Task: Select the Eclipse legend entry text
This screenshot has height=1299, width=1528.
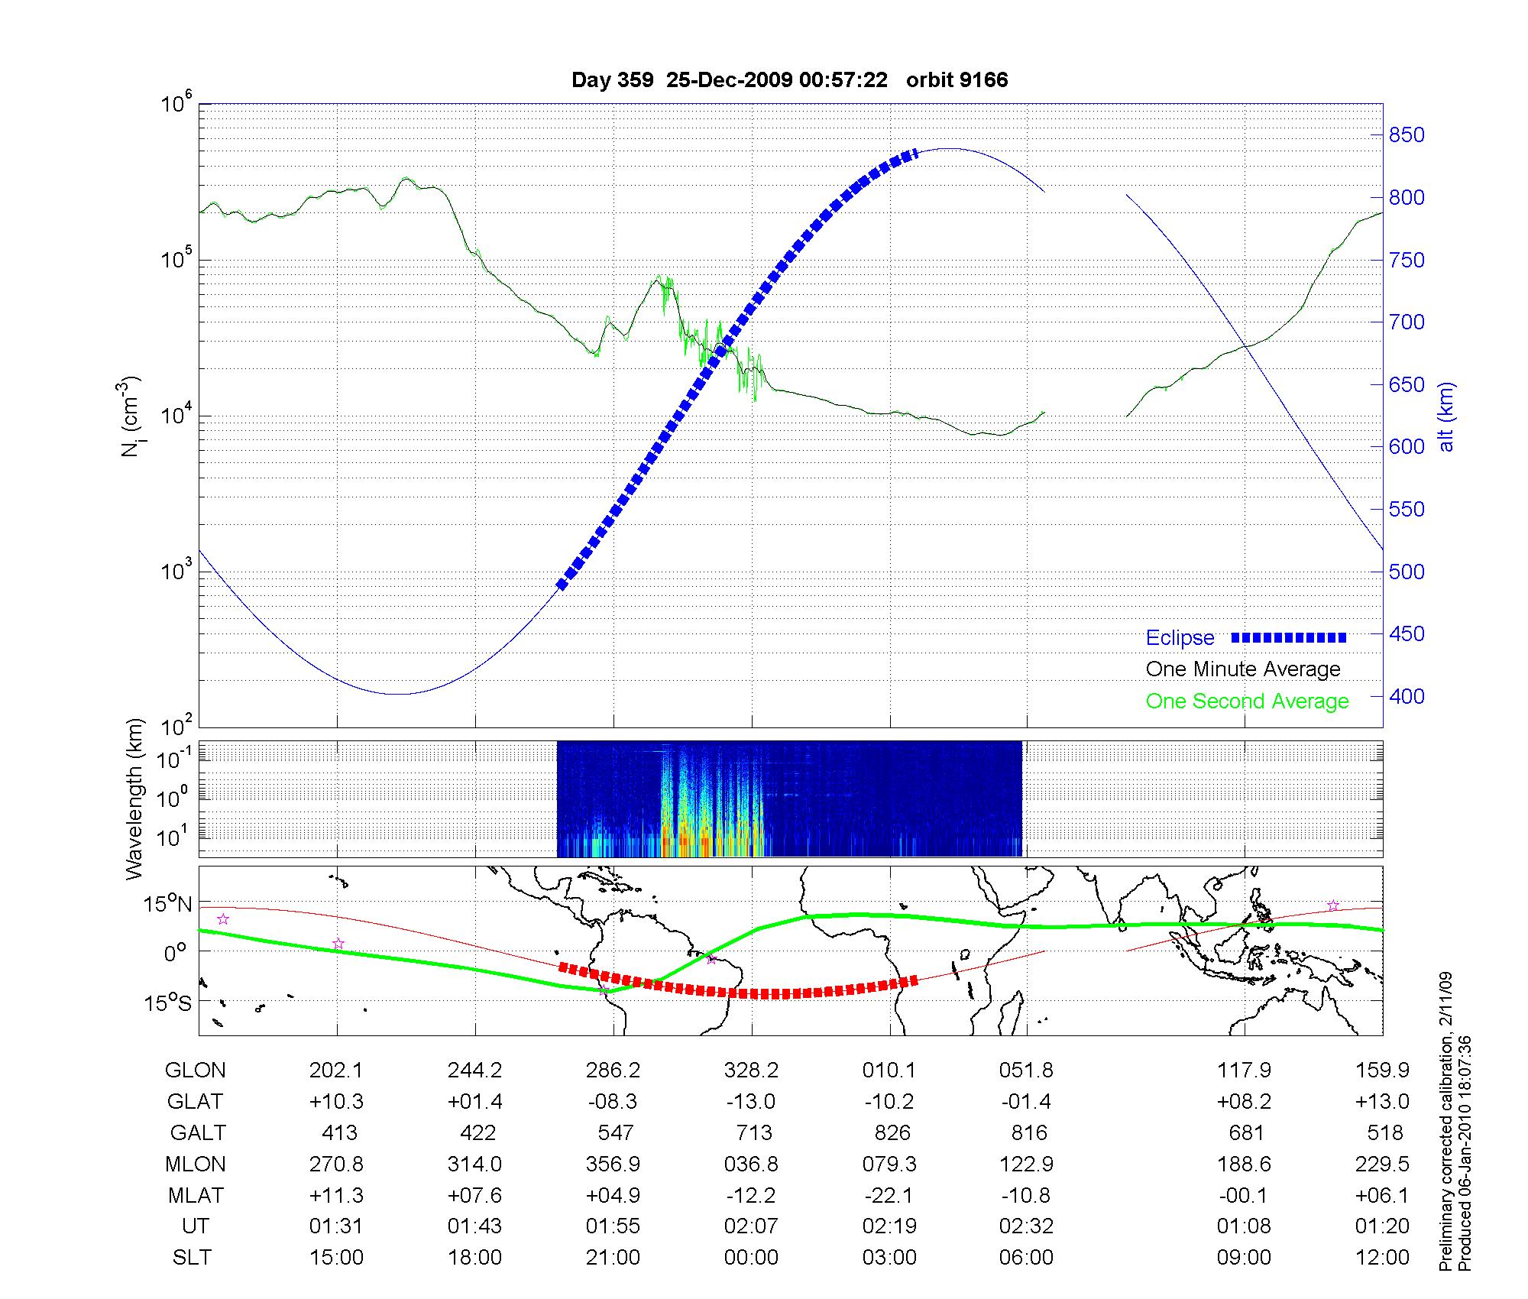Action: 1180,638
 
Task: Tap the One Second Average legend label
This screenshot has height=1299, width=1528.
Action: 1247,701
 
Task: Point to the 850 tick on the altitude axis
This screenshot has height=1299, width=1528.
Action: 1407,135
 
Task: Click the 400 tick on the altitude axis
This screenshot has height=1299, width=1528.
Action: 1407,697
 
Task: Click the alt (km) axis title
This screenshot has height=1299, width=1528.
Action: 1446,416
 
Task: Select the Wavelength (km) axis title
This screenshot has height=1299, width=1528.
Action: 134,799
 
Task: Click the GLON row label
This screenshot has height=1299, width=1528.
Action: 195,1071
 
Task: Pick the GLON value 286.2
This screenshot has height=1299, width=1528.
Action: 613,1071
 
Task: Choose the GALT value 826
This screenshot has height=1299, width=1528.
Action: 890,1133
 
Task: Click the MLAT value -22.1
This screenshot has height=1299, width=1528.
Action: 890,1195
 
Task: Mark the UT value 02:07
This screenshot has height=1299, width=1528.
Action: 751,1226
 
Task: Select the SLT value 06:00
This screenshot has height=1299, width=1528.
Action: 1026,1258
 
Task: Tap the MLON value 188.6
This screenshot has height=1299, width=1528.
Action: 1244,1165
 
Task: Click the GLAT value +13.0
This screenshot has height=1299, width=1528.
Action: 1382,1102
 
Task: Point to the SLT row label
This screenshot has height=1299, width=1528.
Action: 192,1258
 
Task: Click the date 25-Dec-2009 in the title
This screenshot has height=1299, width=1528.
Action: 729,80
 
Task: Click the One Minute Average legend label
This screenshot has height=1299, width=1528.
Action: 1243,670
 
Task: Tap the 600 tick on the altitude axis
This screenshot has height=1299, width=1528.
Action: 1407,447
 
